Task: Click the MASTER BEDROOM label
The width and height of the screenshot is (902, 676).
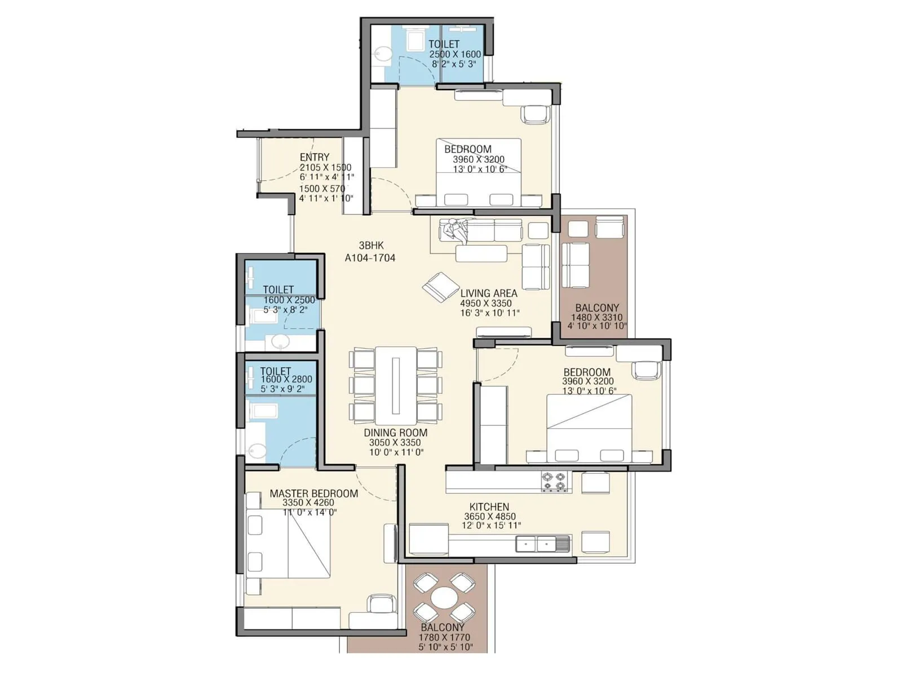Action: point(313,493)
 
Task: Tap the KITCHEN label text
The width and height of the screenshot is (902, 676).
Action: point(489,507)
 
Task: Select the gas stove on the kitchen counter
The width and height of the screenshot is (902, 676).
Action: point(553,481)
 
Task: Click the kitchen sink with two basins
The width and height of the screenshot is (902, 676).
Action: point(536,544)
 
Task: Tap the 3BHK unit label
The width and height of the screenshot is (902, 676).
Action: point(371,246)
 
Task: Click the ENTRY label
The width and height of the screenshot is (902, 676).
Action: point(315,157)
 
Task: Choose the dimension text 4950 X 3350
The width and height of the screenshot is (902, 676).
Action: point(486,303)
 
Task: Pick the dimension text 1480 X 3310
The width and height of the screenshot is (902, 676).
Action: point(596,317)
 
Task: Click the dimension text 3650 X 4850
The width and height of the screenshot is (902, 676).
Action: point(489,516)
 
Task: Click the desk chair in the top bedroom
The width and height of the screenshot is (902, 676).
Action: point(535,114)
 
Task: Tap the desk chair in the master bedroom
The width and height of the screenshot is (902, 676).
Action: point(382,604)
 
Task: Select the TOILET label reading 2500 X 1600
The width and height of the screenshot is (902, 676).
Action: point(444,44)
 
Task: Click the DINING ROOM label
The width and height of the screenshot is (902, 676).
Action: point(395,433)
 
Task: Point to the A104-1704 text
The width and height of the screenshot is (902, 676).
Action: point(370,258)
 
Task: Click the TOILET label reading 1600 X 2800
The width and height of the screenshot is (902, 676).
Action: point(276,371)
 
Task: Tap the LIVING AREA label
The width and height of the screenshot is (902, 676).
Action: point(489,293)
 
